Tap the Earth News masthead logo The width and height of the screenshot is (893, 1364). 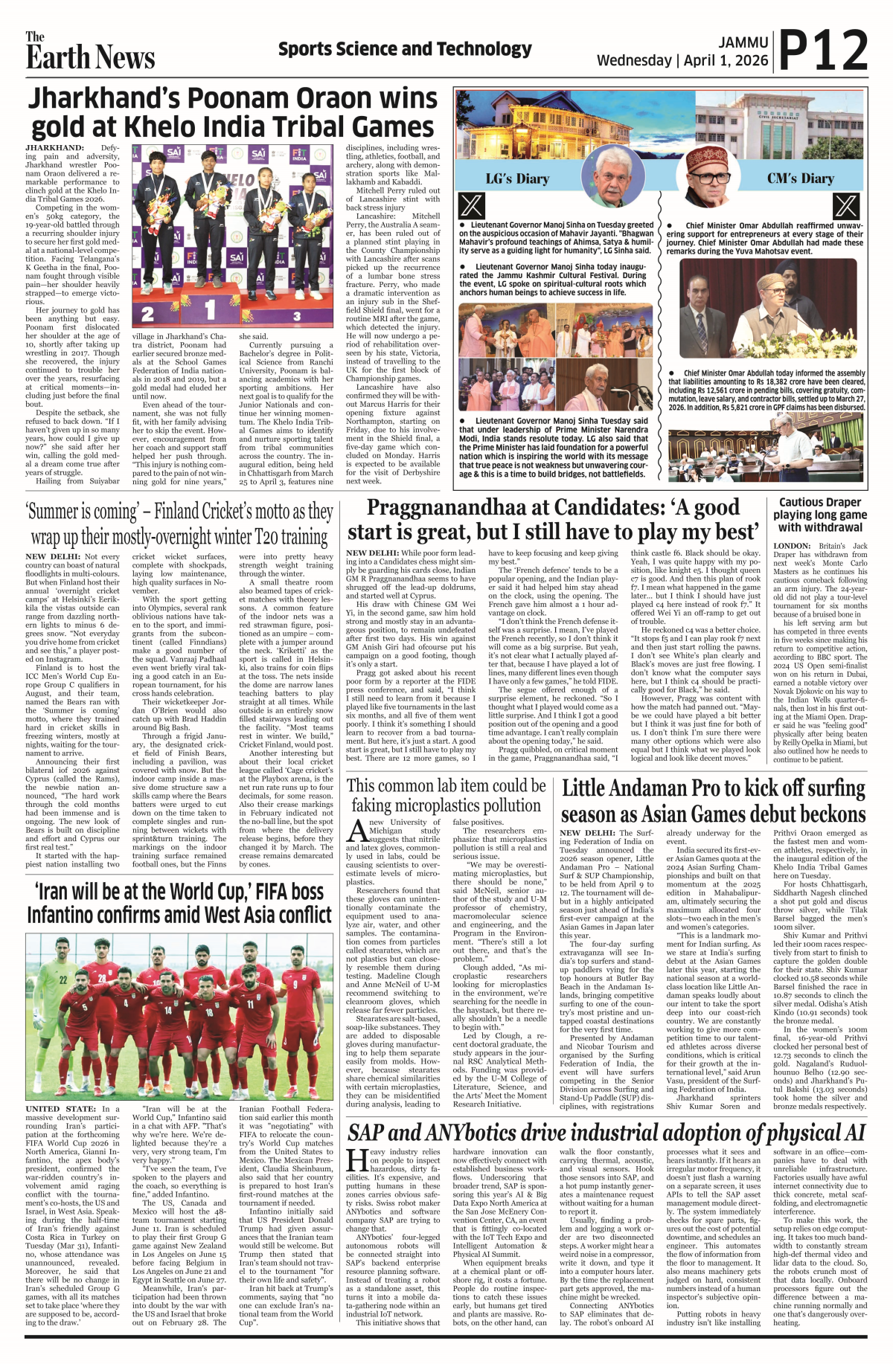[x=90, y=52]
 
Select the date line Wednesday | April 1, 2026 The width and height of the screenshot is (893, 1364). [x=682, y=60]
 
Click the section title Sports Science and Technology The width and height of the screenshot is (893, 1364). [x=405, y=50]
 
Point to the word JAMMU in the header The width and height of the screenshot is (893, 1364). [x=743, y=42]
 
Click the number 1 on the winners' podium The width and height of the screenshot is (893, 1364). [x=210, y=309]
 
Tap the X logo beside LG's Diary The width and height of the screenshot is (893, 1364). [x=472, y=205]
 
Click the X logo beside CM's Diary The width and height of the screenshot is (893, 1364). [x=845, y=205]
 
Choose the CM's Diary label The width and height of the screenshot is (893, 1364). [x=801, y=178]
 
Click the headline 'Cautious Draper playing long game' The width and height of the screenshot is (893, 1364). [x=819, y=509]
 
